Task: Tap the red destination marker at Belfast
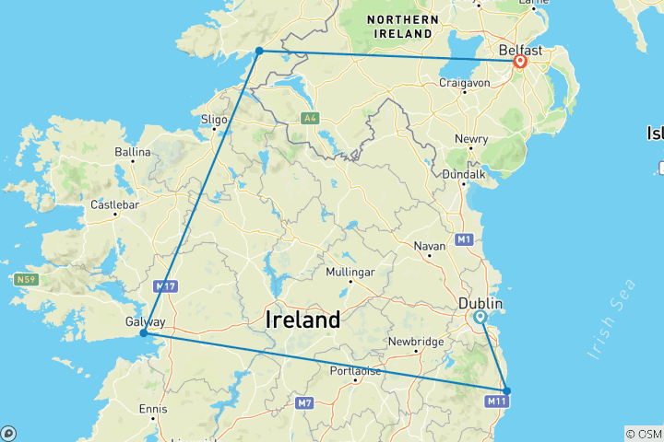[521, 63]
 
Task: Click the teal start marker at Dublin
[480, 317]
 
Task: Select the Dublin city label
[481, 303]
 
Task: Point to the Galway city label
[145, 322]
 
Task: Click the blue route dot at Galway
[144, 333]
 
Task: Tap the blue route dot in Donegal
[260, 51]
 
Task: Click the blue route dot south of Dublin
[506, 390]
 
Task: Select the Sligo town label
[214, 119]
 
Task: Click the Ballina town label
[132, 152]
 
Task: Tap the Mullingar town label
[350, 273]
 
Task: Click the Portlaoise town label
[356, 371]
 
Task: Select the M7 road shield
[306, 402]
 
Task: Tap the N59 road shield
[26, 279]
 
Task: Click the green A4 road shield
[310, 118]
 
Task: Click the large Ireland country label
[302, 320]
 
